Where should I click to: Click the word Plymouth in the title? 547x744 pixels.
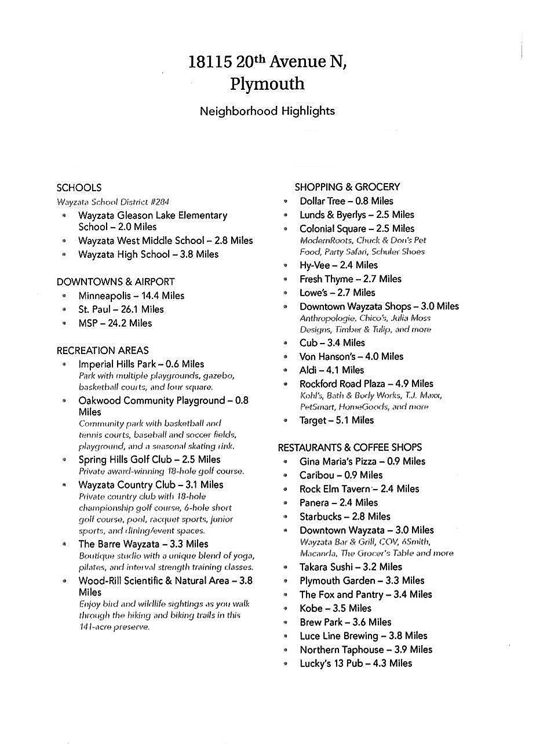267,84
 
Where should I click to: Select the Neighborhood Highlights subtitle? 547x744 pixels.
267,111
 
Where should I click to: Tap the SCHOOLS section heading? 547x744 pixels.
79,188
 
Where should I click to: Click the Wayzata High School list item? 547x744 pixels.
148,254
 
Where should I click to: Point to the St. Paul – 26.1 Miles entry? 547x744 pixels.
121,309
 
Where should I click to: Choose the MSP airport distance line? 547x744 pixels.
115,323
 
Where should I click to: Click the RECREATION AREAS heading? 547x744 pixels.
103,351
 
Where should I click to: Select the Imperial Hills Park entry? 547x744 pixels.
141,364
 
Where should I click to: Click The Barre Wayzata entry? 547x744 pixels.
143,544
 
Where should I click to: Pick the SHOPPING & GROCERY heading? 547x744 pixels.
347,187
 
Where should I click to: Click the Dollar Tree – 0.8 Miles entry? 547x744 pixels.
346,201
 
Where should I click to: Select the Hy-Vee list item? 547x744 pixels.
338,265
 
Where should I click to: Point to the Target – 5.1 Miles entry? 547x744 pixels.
337,420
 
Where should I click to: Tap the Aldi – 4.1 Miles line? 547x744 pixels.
331,370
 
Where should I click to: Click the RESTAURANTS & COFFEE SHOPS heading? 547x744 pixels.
349,447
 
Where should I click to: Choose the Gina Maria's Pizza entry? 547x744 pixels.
362,462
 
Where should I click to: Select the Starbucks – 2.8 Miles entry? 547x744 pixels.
345,516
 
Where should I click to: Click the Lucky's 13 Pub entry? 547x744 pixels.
356,663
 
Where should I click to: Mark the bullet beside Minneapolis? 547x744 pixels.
64,296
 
